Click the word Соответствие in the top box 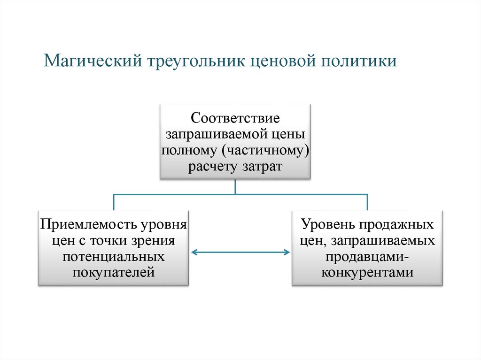[x=235, y=117]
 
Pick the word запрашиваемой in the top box [x=215, y=134]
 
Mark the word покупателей [x=113, y=272]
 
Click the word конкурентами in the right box [x=367, y=272]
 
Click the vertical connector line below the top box [x=235, y=186]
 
